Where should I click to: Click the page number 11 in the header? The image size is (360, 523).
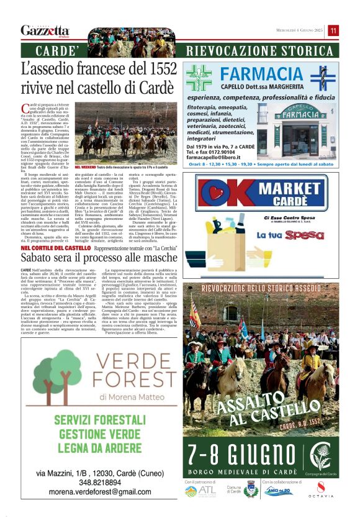(x=334, y=30)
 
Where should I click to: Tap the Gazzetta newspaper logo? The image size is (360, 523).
(x=44, y=30)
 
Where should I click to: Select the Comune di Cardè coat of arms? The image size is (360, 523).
(x=251, y=489)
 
